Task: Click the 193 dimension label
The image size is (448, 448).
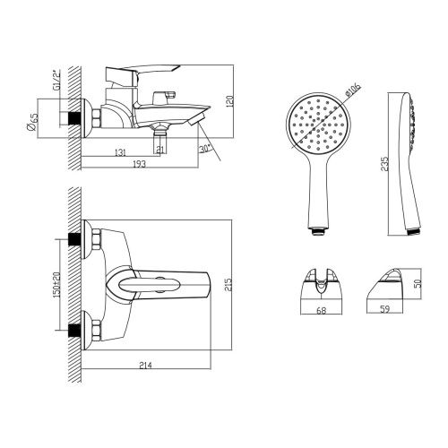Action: (x=140, y=164)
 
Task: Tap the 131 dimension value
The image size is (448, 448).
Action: (x=120, y=152)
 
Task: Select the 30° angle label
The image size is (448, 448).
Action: (x=205, y=149)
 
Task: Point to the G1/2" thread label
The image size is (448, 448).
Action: (x=56, y=80)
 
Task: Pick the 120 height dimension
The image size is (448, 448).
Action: (x=231, y=100)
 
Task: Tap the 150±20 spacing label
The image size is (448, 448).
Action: (x=56, y=284)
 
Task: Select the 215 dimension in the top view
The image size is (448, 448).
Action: (x=228, y=285)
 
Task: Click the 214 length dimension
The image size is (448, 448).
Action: (x=145, y=365)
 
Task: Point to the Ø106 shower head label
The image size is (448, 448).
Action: (x=353, y=89)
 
